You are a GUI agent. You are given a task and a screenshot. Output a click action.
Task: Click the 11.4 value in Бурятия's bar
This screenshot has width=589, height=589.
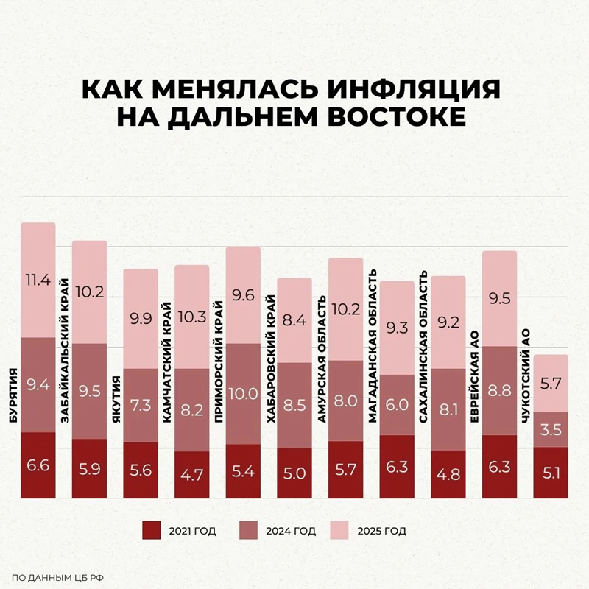(x=38, y=280)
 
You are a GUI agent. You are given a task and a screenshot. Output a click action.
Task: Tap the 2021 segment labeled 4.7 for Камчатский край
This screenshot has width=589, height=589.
(x=192, y=474)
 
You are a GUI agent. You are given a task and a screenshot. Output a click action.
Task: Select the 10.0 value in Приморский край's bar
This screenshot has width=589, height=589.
(x=243, y=393)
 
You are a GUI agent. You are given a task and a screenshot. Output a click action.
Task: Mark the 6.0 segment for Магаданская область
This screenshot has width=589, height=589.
(x=397, y=404)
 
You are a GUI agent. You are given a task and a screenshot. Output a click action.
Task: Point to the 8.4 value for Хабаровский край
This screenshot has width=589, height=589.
(x=294, y=320)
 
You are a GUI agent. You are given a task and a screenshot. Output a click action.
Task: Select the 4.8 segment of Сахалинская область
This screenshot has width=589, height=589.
(x=448, y=474)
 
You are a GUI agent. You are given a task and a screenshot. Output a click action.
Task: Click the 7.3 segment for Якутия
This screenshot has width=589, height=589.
(x=140, y=405)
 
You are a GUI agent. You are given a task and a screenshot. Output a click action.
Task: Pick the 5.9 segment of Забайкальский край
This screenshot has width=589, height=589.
(x=89, y=468)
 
